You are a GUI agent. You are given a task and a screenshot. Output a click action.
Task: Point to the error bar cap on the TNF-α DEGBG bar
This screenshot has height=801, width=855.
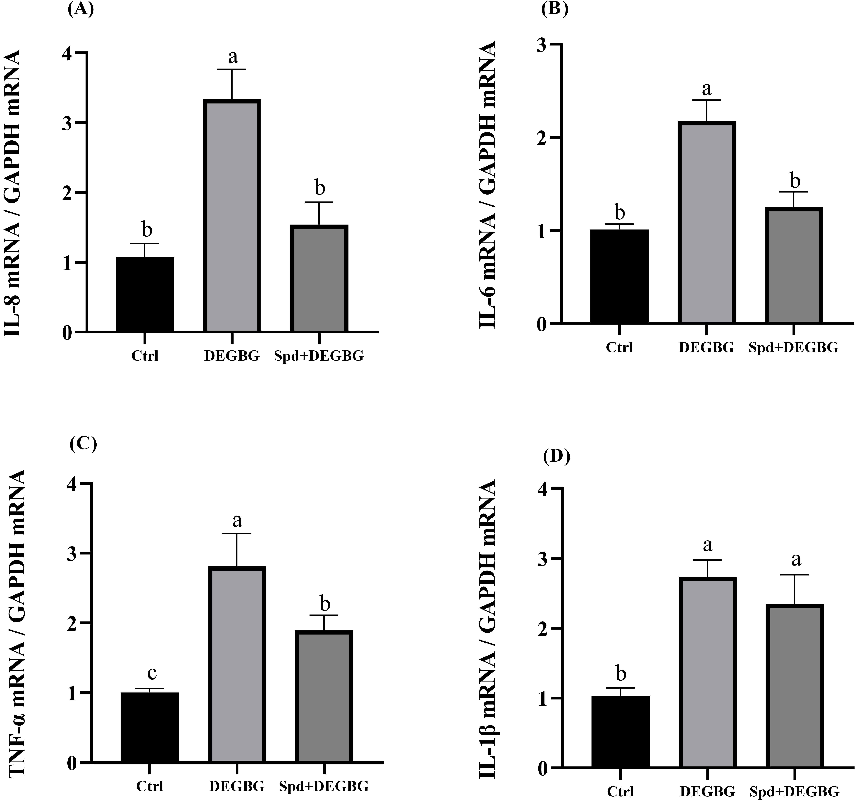(x=237, y=533)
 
